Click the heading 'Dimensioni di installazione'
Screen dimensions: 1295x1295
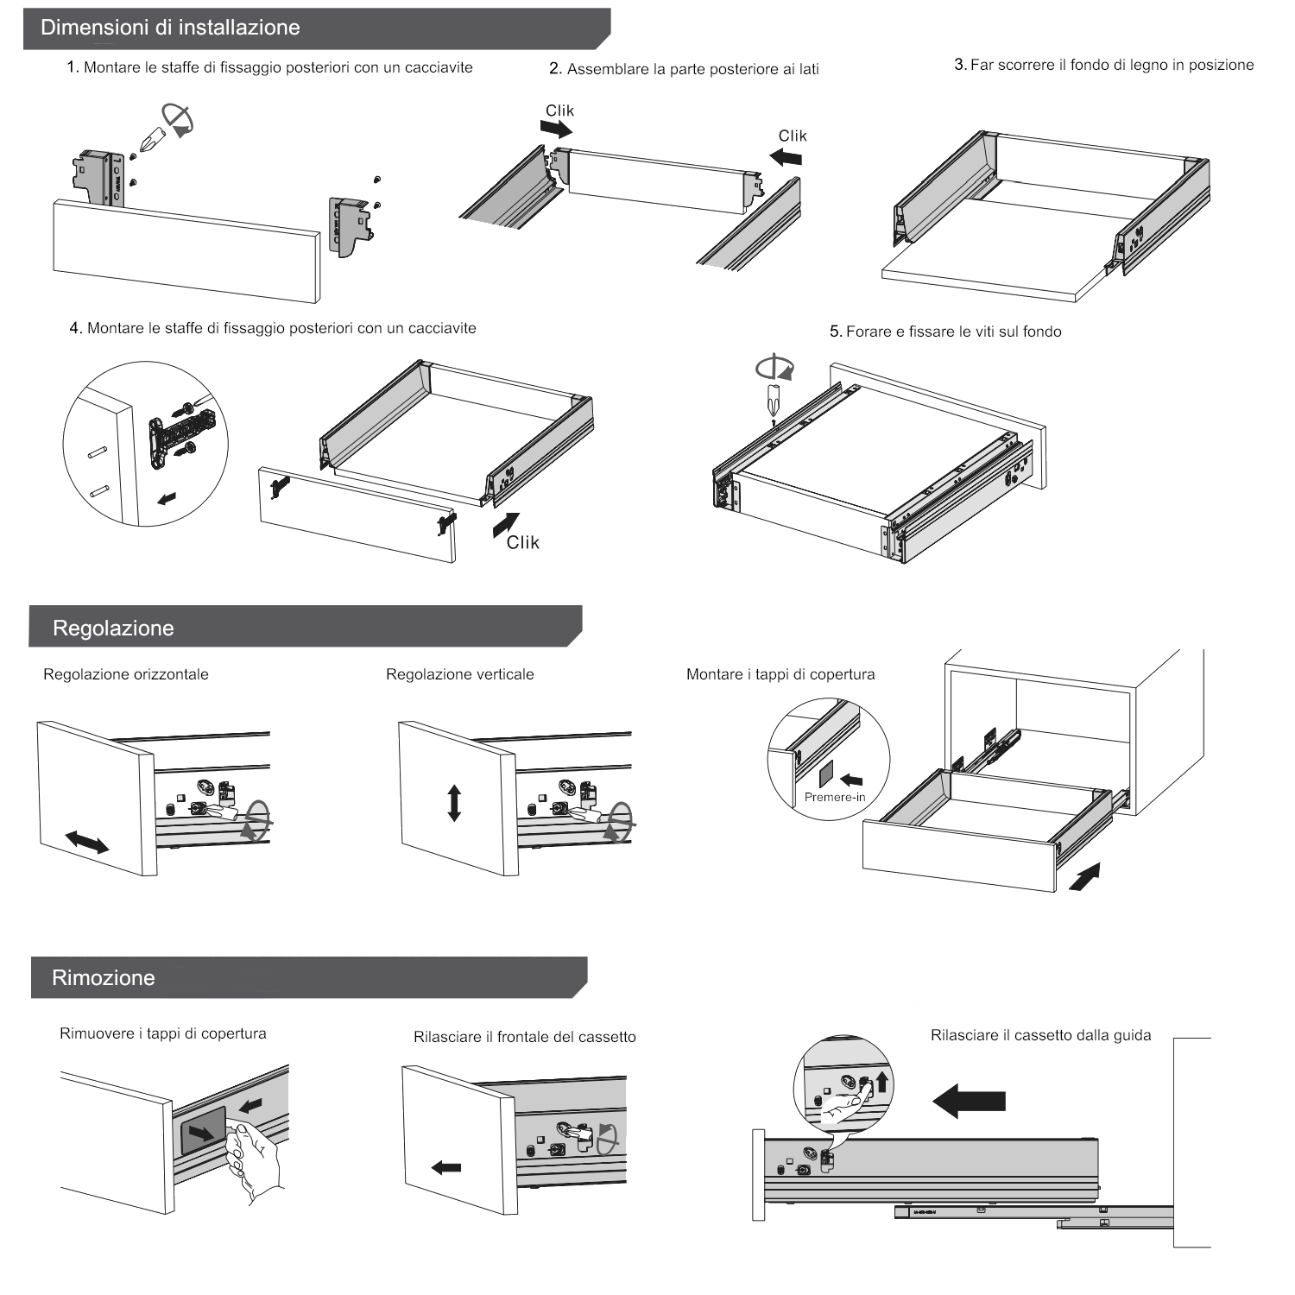171,28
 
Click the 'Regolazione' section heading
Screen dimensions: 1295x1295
113,628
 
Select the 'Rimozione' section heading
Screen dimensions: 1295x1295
104,977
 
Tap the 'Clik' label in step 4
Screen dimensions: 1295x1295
522,542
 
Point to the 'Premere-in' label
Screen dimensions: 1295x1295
835,797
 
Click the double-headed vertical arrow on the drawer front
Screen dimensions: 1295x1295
454,802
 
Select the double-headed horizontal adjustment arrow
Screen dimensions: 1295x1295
87,841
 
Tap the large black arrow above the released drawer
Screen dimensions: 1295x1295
970,1100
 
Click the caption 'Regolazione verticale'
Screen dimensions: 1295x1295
460,674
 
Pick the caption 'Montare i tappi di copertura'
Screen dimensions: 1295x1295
780,674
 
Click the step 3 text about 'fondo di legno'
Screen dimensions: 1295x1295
1104,65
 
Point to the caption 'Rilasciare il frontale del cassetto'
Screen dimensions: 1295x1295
525,1037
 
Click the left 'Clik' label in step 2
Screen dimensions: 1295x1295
559,111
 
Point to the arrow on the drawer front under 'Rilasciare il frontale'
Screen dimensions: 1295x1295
446,1167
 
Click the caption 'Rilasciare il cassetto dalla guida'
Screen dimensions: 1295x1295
1040,1035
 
